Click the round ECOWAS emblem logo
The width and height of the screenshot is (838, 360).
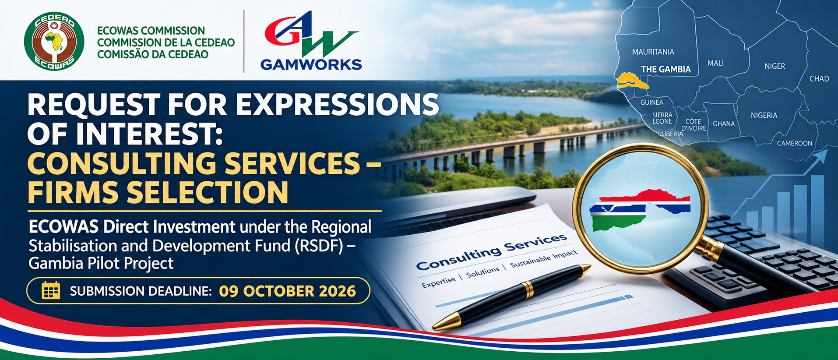(54, 42)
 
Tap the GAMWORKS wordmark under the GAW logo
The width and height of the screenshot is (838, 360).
(311, 64)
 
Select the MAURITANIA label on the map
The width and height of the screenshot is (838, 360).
(653, 52)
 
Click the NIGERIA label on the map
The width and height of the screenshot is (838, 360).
(764, 115)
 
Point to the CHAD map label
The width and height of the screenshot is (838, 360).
(819, 79)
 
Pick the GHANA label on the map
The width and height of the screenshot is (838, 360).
(724, 124)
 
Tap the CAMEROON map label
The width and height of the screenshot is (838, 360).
(795, 143)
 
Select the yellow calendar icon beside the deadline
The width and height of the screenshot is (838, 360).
(51, 291)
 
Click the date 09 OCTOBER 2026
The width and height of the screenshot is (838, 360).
(287, 291)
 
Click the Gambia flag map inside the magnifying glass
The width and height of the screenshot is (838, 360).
(640, 210)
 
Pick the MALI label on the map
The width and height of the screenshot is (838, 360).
(715, 63)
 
